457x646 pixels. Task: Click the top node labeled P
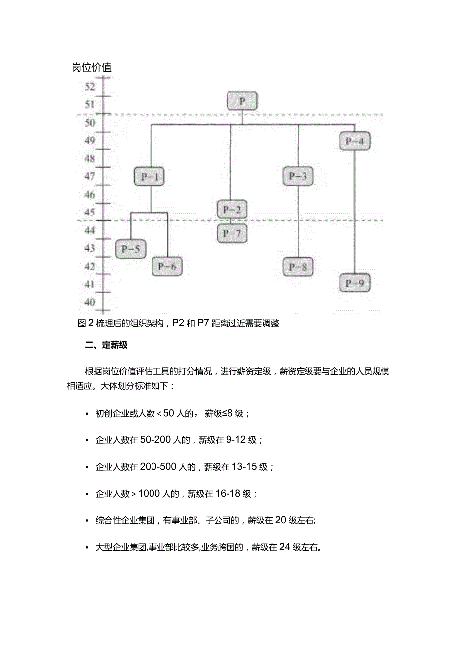[242, 101]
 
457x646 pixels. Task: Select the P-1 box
[150, 176]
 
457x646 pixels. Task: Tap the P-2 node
[231, 209]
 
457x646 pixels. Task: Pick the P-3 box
[298, 176]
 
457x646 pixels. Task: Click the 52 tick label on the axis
[89, 87]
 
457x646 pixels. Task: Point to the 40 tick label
[89, 302]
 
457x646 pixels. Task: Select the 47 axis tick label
[89, 176]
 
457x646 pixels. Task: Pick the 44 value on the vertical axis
[89, 230]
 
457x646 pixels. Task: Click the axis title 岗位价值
[92, 68]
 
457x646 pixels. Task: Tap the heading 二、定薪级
[106, 346]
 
